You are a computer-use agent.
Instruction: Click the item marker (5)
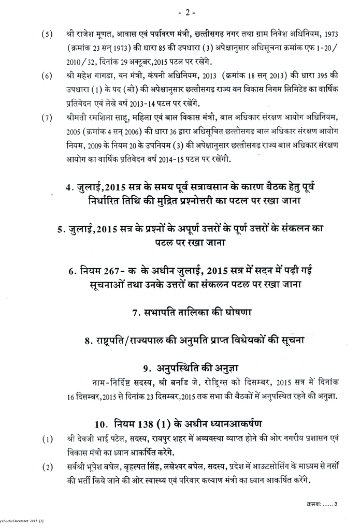(x=46, y=35)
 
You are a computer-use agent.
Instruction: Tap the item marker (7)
(x=46, y=116)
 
